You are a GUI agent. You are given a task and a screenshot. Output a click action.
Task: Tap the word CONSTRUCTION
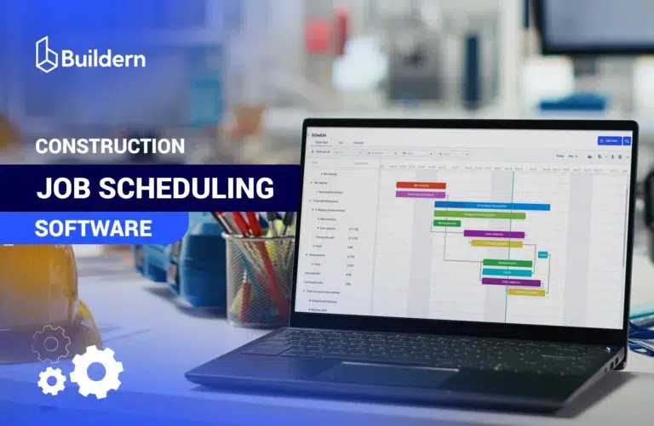click(110, 146)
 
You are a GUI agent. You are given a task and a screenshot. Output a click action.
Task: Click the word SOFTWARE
click(94, 228)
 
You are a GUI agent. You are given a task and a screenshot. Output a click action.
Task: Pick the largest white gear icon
click(96, 372)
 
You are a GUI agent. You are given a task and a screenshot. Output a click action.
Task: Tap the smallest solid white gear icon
click(52, 381)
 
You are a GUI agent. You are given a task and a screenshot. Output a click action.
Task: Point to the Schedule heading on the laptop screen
click(319, 135)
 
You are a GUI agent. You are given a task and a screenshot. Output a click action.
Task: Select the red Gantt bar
click(421, 185)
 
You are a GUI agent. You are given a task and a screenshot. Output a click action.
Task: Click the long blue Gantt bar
click(492, 206)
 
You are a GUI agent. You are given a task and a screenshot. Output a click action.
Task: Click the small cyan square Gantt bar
click(542, 254)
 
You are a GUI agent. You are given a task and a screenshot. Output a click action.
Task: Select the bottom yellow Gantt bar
click(526, 293)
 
